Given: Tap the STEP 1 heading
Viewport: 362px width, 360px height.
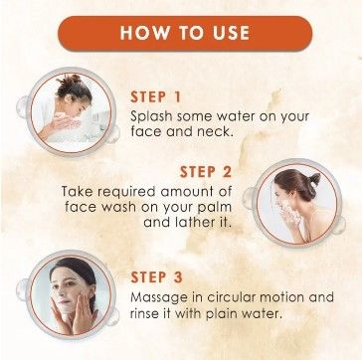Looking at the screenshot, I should click(x=155, y=97).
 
